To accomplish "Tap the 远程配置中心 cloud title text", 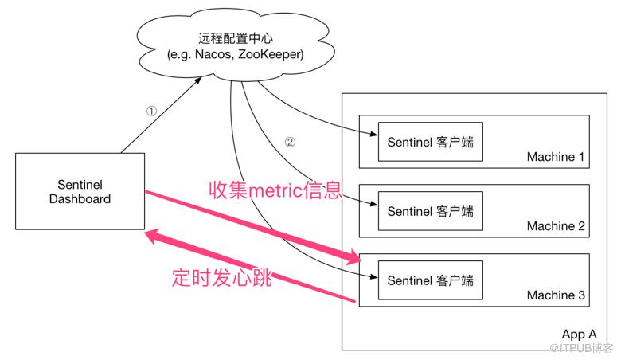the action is [x=235, y=38].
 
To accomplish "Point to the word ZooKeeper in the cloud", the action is [x=271, y=54].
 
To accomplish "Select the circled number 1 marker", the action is [x=151, y=111].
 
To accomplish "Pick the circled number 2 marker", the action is [x=290, y=142].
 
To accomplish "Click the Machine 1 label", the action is [x=556, y=157].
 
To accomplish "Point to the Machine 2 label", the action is [x=556, y=226].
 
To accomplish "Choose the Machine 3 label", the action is [x=556, y=295].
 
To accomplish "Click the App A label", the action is [x=579, y=335].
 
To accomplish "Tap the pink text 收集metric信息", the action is [x=275, y=190].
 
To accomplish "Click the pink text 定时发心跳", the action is [x=222, y=277].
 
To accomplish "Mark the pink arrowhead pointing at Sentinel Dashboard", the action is [x=153, y=236].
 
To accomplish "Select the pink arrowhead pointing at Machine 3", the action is [x=353, y=256].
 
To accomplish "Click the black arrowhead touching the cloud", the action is [x=197, y=80].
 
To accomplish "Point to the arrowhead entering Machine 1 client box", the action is [x=374, y=134].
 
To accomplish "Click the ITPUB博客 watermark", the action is [x=581, y=348].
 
